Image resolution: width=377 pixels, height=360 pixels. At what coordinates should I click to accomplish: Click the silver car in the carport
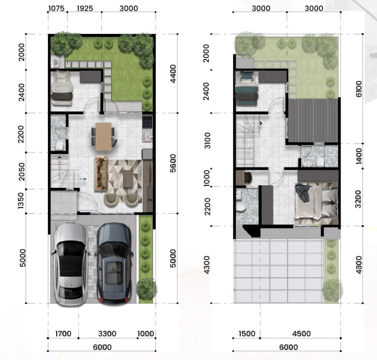(71, 264)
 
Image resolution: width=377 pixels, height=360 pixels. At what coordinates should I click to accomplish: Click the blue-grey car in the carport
(114, 263)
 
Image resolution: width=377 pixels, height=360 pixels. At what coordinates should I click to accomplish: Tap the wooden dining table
(103, 136)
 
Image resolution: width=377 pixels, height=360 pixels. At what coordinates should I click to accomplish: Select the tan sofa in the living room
(101, 174)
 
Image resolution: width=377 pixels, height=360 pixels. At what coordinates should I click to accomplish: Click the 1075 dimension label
(57, 8)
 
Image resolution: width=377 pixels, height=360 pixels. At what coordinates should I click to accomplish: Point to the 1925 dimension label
(85, 8)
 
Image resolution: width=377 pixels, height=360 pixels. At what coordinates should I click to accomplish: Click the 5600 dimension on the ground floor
(173, 163)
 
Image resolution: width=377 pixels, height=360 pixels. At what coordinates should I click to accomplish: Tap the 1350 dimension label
(21, 200)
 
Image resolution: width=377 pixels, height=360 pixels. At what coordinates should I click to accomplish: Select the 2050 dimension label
(21, 172)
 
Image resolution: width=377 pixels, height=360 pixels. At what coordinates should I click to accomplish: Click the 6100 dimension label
(358, 89)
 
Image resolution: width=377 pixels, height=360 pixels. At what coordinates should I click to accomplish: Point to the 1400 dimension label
(358, 156)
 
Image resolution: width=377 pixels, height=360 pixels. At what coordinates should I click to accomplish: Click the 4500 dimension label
(301, 333)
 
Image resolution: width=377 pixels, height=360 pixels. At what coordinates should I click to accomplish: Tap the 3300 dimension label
(107, 333)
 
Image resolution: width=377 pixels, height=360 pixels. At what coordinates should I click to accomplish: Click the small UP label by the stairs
(84, 179)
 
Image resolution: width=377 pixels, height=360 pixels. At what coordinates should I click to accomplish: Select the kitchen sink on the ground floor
(147, 137)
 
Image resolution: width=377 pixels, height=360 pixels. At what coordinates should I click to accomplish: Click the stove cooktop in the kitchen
(147, 122)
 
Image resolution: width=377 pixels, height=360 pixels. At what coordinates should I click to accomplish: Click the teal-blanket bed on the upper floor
(247, 88)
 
